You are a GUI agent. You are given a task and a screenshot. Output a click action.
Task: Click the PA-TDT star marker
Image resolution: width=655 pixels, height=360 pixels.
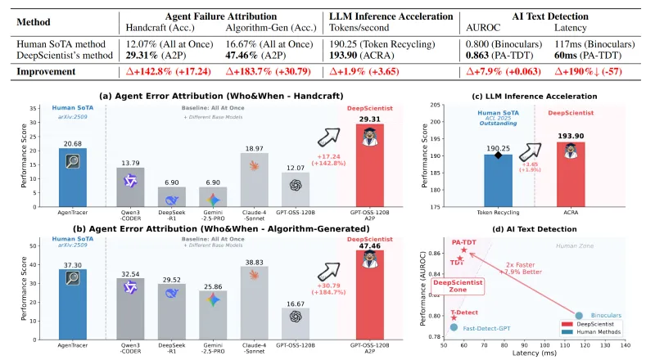tap(463, 250)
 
